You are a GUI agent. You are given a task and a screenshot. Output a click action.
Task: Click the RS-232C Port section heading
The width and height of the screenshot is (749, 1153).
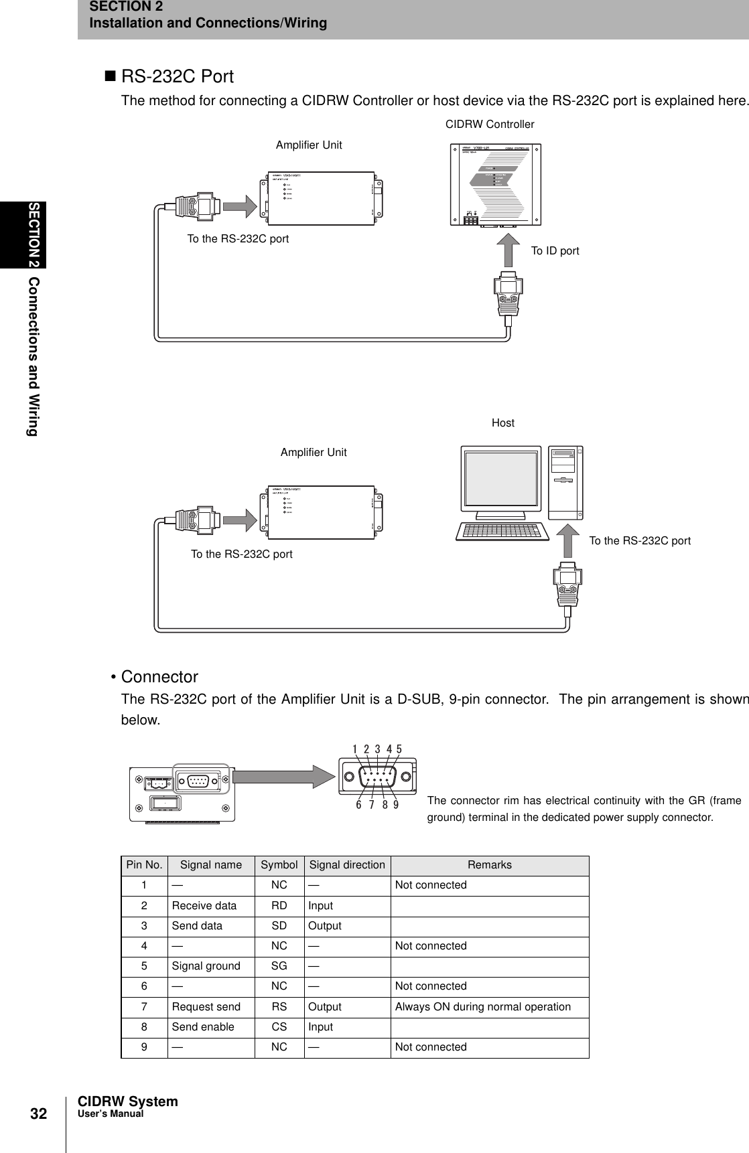(177, 76)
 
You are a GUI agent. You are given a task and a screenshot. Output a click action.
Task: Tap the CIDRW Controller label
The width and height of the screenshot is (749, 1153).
(490, 125)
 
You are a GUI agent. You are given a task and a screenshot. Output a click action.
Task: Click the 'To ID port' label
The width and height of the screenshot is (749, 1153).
(555, 251)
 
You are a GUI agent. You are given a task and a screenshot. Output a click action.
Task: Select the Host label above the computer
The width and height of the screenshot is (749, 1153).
(503, 422)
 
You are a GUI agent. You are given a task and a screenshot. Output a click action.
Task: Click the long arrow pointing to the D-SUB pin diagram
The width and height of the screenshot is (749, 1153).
(284, 777)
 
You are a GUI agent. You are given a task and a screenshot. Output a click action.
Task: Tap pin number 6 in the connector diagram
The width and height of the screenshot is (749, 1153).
(359, 805)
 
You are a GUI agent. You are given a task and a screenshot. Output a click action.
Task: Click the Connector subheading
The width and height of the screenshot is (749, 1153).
(159, 676)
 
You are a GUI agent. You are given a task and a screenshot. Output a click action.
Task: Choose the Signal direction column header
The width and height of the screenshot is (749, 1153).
(347, 864)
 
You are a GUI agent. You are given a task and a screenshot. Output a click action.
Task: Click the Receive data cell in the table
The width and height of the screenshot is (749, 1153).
(204, 906)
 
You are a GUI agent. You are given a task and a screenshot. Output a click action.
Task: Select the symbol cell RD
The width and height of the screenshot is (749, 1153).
(279, 906)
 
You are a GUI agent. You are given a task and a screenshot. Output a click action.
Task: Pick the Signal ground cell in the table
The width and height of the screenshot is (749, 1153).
(206, 966)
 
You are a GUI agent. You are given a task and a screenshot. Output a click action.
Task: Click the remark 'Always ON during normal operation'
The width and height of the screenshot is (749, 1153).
(483, 1007)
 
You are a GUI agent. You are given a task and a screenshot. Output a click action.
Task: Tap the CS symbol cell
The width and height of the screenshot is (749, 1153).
(279, 1027)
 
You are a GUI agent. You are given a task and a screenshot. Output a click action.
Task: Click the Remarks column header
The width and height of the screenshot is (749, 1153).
(490, 864)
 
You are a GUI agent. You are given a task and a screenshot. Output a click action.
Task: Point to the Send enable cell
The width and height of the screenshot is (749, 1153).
(204, 1027)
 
